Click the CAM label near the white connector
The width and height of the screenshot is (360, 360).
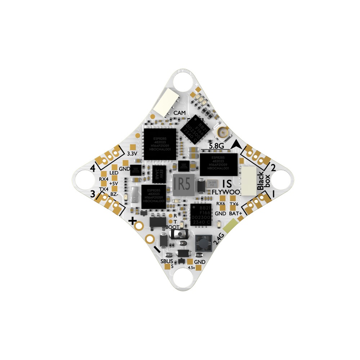point(180,113)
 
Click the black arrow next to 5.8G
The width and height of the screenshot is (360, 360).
point(237,144)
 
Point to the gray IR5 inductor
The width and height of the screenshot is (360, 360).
point(183,185)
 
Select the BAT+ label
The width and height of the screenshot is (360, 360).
point(235,213)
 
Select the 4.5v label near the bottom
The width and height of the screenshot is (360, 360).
point(191,268)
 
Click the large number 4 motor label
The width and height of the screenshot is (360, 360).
point(93,168)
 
